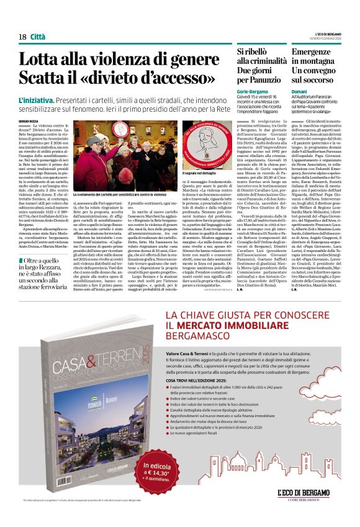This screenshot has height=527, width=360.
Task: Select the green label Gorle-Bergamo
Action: coord(253,91)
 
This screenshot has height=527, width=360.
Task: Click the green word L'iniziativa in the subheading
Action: coord(38,100)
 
